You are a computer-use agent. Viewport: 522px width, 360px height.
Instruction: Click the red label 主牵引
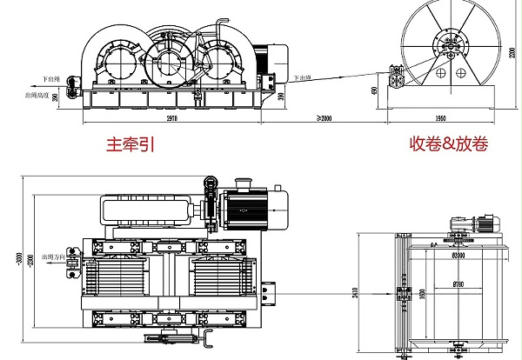(130, 145)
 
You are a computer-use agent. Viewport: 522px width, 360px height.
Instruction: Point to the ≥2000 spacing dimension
(326, 116)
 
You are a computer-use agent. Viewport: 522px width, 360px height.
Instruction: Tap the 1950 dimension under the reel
(440, 116)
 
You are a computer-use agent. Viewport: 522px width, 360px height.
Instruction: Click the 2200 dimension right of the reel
(514, 53)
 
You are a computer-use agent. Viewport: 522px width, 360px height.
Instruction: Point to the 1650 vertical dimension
(423, 296)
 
